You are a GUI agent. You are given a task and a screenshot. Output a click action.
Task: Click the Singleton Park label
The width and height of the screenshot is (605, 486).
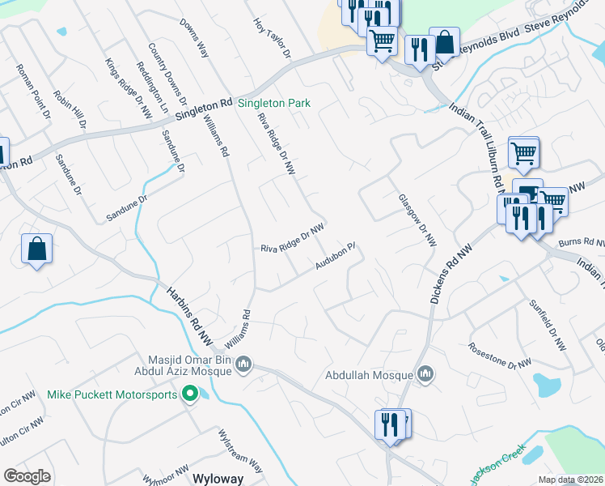pos(273,104)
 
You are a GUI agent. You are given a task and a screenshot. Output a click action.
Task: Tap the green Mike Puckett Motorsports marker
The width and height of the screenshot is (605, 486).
pos(191,394)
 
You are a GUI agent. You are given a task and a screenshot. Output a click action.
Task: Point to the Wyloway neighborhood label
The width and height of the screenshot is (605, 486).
pos(217,478)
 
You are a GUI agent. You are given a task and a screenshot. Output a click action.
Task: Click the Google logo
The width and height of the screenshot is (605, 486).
pos(27,476)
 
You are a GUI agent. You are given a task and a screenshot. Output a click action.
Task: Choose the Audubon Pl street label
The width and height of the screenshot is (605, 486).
pos(336,258)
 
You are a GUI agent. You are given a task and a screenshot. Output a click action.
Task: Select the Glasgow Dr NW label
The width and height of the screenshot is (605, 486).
pos(417,220)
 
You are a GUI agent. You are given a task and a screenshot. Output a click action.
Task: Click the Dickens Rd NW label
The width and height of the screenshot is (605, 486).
pos(450,275)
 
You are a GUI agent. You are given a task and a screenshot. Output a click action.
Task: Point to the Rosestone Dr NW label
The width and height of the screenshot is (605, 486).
pos(500,354)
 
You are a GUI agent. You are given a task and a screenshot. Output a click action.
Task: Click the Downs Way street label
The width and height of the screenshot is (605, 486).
pos(194,38)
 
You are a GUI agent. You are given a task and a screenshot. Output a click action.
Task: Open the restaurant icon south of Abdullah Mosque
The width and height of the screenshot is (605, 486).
pos(389,424)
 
